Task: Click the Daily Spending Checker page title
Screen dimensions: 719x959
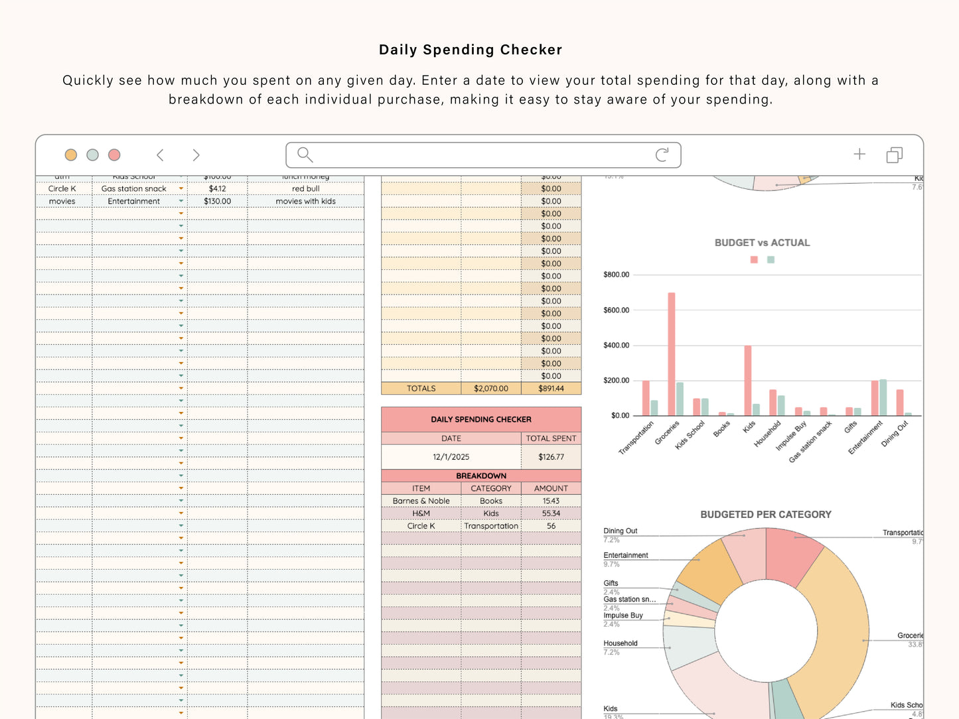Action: click(470, 50)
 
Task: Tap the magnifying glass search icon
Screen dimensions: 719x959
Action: click(305, 155)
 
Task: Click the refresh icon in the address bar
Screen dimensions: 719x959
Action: click(662, 155)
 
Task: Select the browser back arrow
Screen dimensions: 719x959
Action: click(160, 155)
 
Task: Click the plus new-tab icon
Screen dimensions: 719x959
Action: click(859, 155)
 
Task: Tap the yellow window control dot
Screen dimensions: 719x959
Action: click(71, 155)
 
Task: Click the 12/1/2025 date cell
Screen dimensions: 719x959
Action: click(451, 457)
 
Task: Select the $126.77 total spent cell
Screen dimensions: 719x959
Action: click(551, 457)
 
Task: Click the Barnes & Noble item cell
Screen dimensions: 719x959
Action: click(421, 501)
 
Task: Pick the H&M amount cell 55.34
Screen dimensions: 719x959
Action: click(551, 513)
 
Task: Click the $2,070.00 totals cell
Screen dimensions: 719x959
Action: click(490, 389)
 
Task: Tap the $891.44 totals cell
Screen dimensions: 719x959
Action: click(551, 389)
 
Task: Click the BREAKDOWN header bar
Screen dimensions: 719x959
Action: click(480, 476)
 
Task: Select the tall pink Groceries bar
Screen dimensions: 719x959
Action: click(672, 355)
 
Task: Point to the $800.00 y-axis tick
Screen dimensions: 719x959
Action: click(616, 275)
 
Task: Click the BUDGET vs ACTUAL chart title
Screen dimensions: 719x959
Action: click(762, 243)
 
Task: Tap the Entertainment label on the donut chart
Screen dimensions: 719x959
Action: click(625, 555)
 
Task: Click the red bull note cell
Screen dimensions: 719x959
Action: click(305, 189)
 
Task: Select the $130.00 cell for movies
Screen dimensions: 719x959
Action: click(217, 202)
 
